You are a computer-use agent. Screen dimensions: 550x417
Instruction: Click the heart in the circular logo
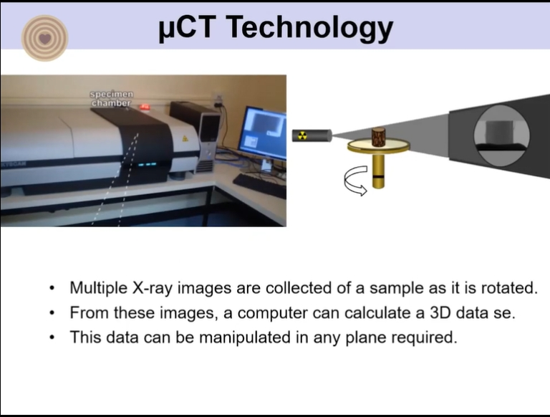click(x=45, y=38)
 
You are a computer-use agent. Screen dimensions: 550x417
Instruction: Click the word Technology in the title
click(x=309, y=28)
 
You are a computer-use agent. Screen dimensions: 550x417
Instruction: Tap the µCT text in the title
click(x=186, y=27)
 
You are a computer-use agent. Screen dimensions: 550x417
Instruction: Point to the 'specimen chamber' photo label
click(x=112, y=99)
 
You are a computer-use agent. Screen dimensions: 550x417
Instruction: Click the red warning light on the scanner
click(x=145, y=107)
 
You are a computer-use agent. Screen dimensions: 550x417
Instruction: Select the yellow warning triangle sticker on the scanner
click(x=185, y=139)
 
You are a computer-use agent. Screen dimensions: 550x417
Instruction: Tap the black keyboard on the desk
click(x=259, y=185)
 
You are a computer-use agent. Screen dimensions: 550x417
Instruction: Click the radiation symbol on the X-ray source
click(x=302, y=135)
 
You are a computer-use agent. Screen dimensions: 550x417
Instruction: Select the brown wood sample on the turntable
click(x=378, y=138)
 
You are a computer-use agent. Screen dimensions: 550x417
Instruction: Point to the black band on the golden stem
click(x=378, y=175)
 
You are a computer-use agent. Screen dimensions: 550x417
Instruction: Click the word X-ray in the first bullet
click(x=153, y=289)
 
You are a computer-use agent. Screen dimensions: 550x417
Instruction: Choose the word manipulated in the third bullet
click(x=245, y=337)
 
